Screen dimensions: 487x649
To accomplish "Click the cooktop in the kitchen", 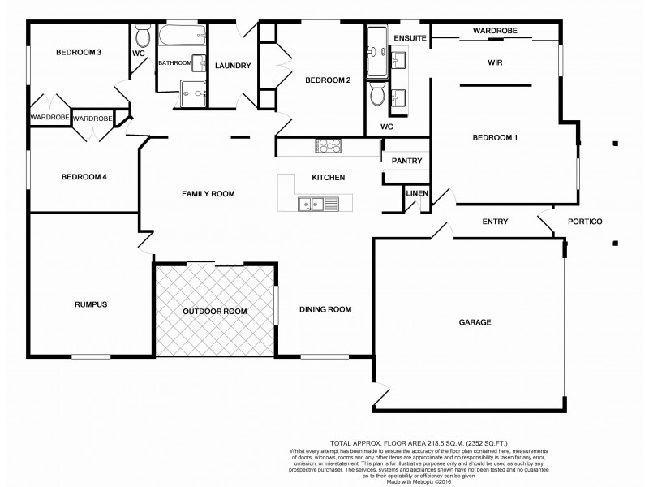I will pos(329,146).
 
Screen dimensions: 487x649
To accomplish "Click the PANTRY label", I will pos(406,161).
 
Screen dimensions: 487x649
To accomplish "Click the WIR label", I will pos(496,62).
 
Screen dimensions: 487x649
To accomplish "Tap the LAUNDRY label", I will pos(234,66).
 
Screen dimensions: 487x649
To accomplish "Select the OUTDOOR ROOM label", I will pos(214,311).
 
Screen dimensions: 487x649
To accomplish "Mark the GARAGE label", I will pos(475,322).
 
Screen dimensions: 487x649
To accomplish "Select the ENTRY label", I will pos(494,222).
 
